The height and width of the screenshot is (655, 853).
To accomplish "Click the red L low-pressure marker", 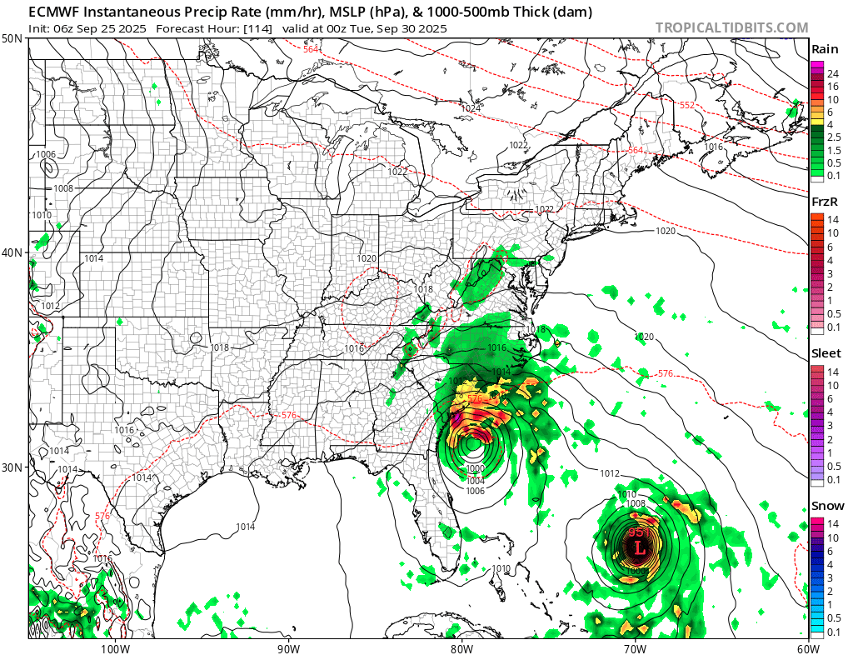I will [638, 548].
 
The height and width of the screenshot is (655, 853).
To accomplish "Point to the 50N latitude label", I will [12, 39].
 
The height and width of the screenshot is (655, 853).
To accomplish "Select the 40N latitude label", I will [12, 252].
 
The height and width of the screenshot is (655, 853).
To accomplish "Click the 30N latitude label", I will [12, 467].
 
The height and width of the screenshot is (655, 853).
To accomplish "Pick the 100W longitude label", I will [115, 647].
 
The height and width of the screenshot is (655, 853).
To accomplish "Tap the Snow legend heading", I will [826, 506].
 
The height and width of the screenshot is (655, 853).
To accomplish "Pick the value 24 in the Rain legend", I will [833, 74].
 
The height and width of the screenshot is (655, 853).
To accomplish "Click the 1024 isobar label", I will [471, 108].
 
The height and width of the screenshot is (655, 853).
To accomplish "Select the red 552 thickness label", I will [687, 105].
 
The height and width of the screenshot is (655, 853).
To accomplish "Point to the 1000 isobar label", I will [475, 470].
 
